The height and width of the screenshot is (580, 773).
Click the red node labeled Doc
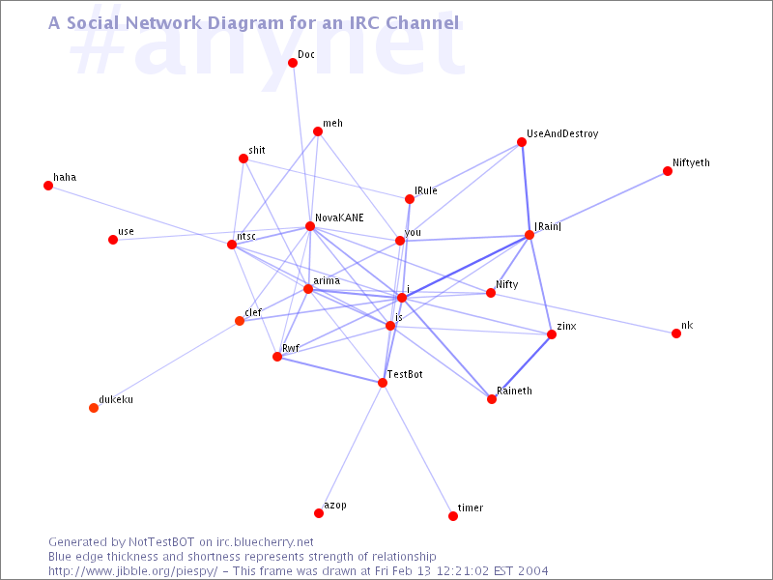pos(293,63)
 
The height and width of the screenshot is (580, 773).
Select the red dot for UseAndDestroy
pos(522,142)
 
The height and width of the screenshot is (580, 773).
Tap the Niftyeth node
pos(668,171)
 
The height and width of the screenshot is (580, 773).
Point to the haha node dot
pos(48,186)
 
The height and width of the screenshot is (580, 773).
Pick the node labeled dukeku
pos(94,407)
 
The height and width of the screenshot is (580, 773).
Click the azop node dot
pos(319,512)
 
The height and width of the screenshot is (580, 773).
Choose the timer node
pos(453,516)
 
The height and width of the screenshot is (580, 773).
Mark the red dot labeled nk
pos(676,333)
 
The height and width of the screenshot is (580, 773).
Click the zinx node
pos(552,334)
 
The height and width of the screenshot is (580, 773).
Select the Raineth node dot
pos(492,399)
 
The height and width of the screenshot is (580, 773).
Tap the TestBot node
pos(383,383)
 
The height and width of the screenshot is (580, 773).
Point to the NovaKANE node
pos(310,226)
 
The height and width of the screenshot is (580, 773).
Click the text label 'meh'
pos(333,124)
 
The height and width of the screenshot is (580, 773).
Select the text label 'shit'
pos(257,151)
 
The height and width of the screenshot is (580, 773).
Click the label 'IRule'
pos(426,191)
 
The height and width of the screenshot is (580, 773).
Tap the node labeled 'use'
pos(113,240)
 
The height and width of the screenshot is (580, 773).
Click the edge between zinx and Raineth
pos(522,367)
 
